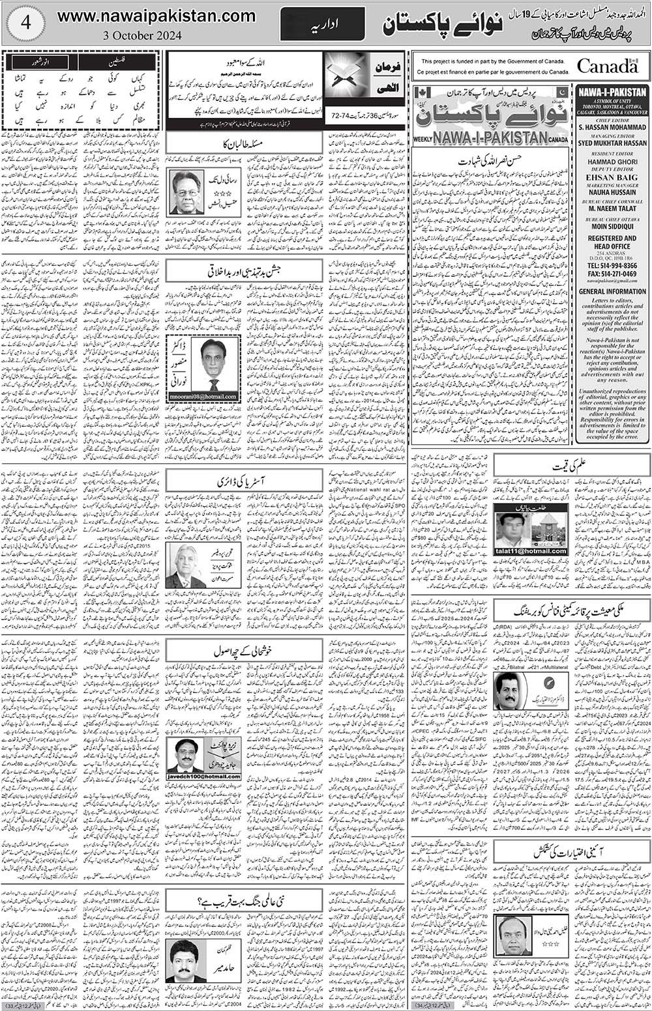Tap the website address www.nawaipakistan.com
(156, 15)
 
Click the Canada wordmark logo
(607, 66)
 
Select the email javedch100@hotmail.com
(203, 776)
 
